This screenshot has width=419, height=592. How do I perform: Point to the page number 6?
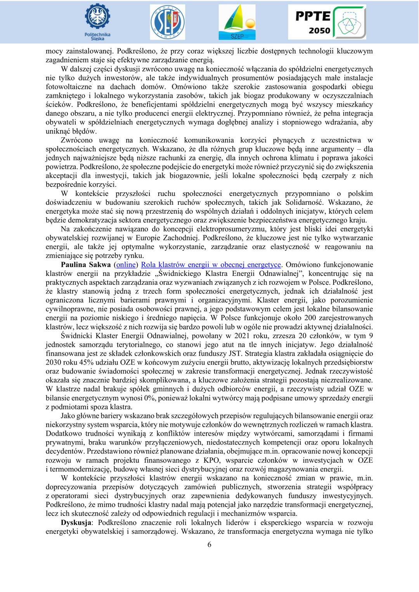point(209,544)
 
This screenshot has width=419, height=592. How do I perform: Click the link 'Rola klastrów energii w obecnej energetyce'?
point(211,265)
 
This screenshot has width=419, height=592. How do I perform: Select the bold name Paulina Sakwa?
point(85,265)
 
